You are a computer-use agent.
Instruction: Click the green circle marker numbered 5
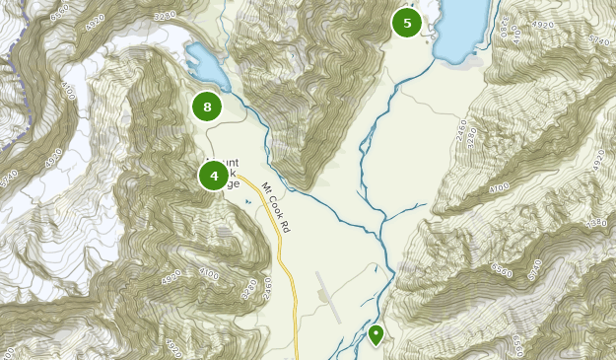[x=406, y=22]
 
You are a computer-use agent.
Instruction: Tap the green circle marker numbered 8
[x=207, y=107]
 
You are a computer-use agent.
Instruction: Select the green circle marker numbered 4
[x=214, y=176]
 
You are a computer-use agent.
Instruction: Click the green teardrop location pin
[x=376, y=335]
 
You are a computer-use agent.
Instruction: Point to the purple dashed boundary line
[x=8, y=59]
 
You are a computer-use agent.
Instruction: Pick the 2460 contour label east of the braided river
[x=466, y=127]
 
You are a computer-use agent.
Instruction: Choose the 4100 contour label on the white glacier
[x=68, y=91]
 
